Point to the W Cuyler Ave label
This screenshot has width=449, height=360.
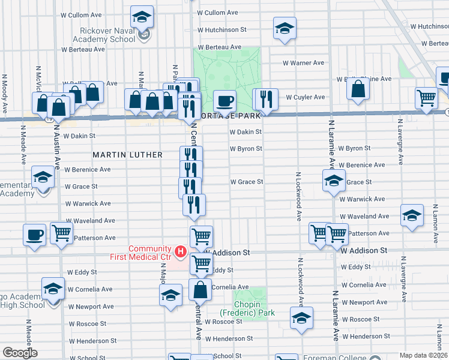(x=305, y=97)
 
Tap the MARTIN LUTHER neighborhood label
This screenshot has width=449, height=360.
(x=127, y=155)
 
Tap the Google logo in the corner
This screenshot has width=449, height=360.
(x=20, y=353)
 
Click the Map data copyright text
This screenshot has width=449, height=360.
(x=423, y=355)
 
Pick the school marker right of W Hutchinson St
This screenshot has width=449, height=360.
(x=285, y=28)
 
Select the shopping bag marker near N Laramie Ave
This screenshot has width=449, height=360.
(x=358, y=89)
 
